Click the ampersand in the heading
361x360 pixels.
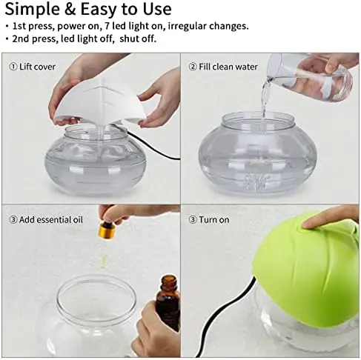(x=70, y=10)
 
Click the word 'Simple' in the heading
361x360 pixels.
(x=33, y=10)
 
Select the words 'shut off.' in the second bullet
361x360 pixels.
(x=138, y=39)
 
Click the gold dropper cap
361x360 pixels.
(x=107, y=231)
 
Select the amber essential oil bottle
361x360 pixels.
(x=168, y=302)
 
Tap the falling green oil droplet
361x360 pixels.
(x=104, y=260)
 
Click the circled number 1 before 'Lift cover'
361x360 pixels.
(x=13, y=67)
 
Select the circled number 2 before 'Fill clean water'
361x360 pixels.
(x=193, y=67)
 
